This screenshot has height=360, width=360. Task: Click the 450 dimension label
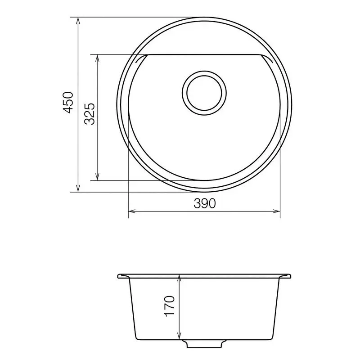point(68,102)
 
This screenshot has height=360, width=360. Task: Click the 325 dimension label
point(89,114)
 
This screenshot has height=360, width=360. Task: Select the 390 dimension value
point(205,203)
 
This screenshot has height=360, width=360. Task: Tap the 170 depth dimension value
point(169,306)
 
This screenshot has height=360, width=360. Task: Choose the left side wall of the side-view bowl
point(132,308)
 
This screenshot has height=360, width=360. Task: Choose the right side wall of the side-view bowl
point(276,308)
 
